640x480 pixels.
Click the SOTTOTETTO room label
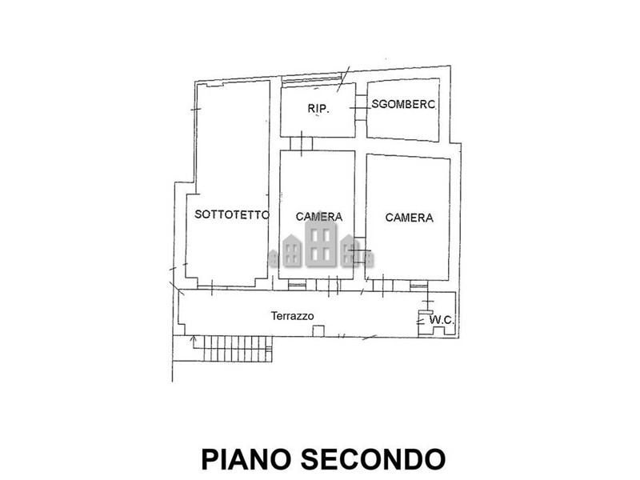point(232,214)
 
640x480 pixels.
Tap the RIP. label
point(319,109)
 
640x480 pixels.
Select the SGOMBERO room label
point(403,104)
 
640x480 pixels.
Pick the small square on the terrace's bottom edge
point(318,330)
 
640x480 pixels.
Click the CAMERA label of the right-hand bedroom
point(409,217)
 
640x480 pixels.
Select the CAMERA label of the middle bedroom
point(319,216)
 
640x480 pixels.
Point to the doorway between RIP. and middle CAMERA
point(301,145)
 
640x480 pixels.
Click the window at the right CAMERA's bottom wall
point(419,284)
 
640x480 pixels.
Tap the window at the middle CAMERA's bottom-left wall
point(297,284)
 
